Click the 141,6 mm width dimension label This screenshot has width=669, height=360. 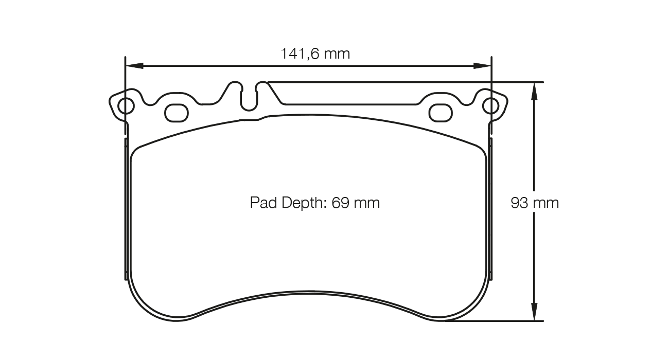[315, 53]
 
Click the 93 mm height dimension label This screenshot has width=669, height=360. [534, 203]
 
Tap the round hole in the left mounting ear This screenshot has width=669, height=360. [126, 106]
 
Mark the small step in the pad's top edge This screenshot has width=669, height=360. [262, 119]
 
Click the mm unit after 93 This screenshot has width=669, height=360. [545, 203]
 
